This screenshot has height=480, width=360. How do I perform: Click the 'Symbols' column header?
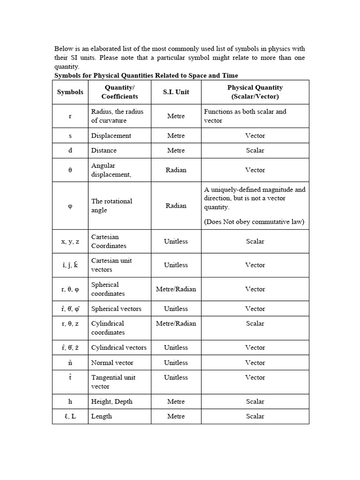click(70, 92)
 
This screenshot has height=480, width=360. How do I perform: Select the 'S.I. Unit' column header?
click(176, 92)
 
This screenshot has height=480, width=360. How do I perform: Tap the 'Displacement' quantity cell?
click(111, 135)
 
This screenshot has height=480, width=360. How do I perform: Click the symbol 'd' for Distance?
click(70, 150)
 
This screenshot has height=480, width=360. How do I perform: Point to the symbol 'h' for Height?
click(70, 401)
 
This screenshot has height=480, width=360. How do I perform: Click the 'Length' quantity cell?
click(102, 416)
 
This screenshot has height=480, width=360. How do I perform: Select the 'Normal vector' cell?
click(112, 362)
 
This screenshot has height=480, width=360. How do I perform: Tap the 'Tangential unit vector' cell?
click(114, 382)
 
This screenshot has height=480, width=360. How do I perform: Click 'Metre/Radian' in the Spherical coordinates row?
click(176, 289)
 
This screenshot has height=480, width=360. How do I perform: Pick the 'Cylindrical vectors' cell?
click(119, 347)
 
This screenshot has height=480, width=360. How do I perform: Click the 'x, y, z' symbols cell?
click(70, 241)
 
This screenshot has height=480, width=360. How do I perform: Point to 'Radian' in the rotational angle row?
click(176, 205)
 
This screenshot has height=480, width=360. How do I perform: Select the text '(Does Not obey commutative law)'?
click(254, 222)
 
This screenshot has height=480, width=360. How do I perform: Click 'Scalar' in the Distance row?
click(255, 150)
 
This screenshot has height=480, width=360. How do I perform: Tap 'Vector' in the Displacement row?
click(255, 135)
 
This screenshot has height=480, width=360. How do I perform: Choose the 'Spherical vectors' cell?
click(116, 308)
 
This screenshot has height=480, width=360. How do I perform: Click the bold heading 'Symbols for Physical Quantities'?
click(146, 75)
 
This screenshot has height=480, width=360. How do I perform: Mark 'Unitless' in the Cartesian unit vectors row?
click(176, 265)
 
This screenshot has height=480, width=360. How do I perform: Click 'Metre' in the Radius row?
click(176, 116)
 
